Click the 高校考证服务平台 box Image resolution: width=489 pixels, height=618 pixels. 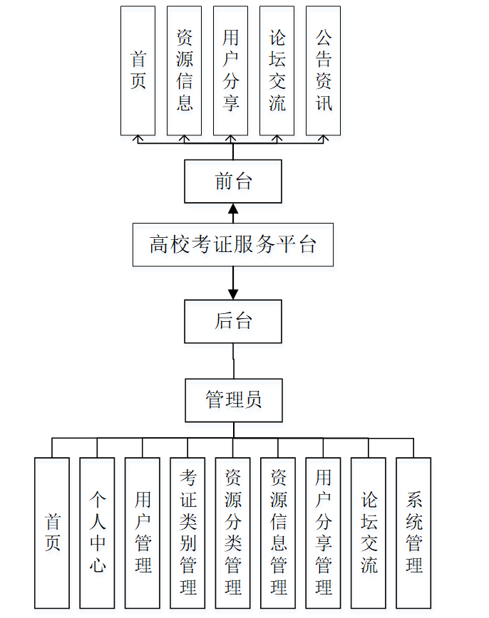233,245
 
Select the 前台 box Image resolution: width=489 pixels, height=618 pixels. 233,182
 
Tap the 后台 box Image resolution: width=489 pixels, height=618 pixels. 233,321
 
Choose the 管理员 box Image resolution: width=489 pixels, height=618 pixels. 233,399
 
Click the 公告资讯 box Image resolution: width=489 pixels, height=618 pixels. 323,70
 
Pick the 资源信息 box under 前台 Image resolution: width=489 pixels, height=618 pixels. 184,70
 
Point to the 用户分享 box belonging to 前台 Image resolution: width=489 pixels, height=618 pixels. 230,70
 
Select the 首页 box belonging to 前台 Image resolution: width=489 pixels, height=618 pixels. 138,70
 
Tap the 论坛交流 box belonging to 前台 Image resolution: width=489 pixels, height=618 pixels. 277,70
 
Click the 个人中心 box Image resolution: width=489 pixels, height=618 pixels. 97,533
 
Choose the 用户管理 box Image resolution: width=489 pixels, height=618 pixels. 143,533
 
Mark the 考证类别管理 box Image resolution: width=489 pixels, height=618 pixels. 187,533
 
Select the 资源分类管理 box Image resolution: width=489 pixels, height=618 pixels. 233,533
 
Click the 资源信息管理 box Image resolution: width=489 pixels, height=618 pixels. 278,533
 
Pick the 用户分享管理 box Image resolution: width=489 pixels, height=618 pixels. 324,533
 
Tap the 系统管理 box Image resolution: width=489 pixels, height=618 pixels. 413,533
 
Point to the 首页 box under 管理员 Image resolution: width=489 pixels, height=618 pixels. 52,533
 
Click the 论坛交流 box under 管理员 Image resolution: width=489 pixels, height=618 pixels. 369,533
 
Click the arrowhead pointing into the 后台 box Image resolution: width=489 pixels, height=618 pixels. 233,293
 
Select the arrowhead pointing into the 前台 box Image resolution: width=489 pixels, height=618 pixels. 233,209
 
